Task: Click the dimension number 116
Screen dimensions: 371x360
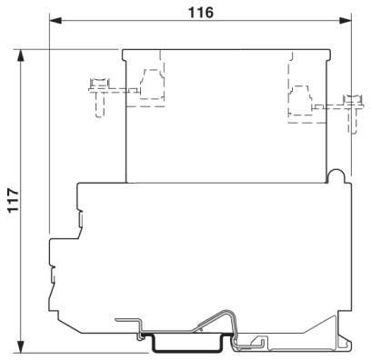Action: coord(201,13)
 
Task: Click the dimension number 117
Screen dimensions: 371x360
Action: coord(14,200)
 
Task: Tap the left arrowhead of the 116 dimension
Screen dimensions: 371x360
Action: coord(55,21)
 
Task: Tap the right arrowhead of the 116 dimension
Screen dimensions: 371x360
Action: coord(346,21)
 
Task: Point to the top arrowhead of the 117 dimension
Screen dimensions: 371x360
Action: coord(21,55)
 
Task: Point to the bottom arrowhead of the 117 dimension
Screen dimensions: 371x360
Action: coord(21,346)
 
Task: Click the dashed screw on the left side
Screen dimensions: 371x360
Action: coord(99,96)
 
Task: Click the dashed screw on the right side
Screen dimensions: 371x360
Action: coord(353,114)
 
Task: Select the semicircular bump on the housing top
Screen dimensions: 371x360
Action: coord(336,175)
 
